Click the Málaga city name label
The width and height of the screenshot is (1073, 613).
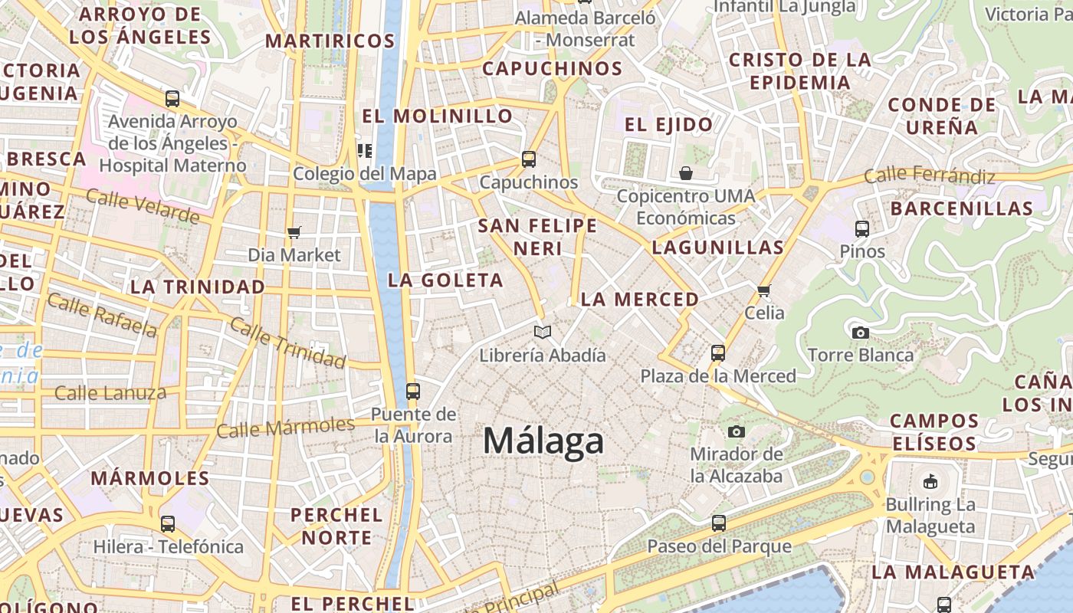(x=543, y=441)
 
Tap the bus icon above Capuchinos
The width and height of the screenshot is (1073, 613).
(x=528, y=159)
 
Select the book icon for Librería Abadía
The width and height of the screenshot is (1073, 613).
(x=543, y=333)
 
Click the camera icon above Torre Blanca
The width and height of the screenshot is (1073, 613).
(x=860, y=333)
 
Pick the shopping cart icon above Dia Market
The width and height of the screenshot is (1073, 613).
(x=294, y=232)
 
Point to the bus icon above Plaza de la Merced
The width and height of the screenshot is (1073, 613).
(x=718, y=353)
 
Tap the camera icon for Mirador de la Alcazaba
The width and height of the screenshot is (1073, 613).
(x=737, y=431)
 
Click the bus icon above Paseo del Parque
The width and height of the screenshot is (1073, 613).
(x=718, y=523)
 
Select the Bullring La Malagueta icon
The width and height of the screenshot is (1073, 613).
(x=930, y=481)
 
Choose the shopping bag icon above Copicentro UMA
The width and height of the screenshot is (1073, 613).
(x=686, y=173)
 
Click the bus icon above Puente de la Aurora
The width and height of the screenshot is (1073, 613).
(x=412, y=392)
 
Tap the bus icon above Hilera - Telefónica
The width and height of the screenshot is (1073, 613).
(x=168, y=524)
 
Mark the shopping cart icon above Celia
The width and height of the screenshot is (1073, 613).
(x=763, y=290)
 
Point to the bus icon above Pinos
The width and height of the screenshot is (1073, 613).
(x=862, y=228)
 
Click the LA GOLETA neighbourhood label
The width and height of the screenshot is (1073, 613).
(x=445, y=280)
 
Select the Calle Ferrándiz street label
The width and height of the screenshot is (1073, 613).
(x=929, y=176)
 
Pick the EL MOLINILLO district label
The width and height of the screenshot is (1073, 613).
(x=437, y=116)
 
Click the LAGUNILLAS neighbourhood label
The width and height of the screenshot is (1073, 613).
(x=717, y=247)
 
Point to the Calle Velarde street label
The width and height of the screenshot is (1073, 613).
(x=143, y=205)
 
